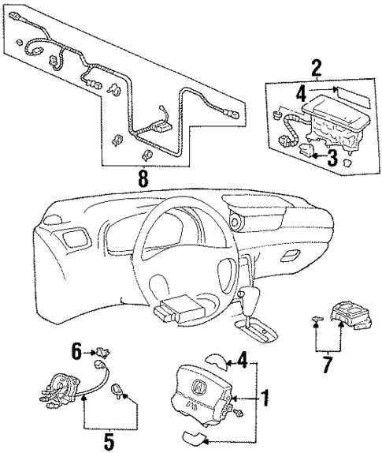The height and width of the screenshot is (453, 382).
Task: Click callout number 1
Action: tap(265, 399)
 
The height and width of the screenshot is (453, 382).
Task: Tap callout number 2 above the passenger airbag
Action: tap(316, 69)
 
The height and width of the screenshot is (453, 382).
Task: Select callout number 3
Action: tap(332, 158)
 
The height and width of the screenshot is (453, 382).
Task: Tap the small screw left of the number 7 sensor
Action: tap(317, 319)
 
